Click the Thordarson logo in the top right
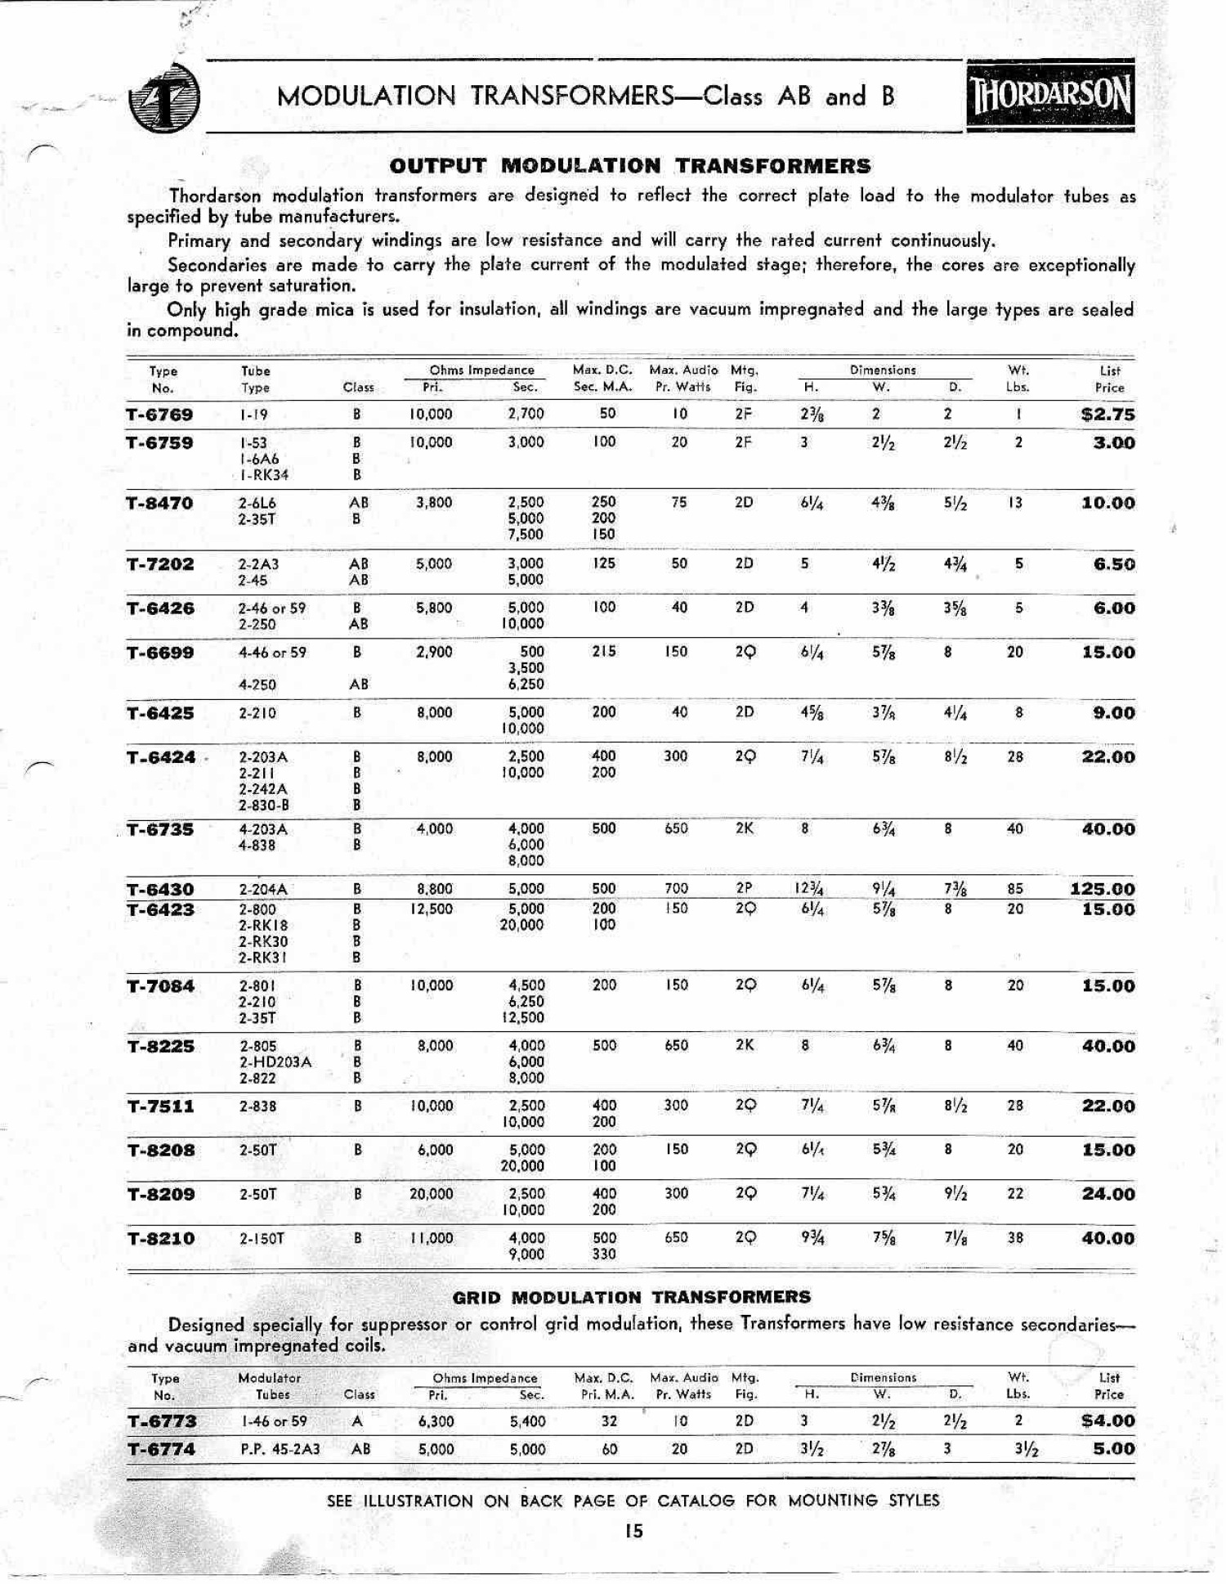click(x=1050, y=96)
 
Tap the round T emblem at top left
click(x=163, y=98)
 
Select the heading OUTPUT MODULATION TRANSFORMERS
click(x=629, y=166)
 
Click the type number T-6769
click(x=159, y=415)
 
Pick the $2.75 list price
click(x=1107, y=415)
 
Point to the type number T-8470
click(x=159, y=503)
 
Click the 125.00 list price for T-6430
click(x=1103, y=889)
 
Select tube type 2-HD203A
click(x=275, y=1062)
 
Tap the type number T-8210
click(x=161, y=1239)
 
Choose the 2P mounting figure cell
click(x=744, y=889)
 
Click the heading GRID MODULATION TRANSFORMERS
click(x=631, y=1297)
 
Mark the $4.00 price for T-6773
click(x=1107, y=1421)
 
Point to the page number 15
click(x=633, y=1532)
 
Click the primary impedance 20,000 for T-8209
click(x=431, y=1194)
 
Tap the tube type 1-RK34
click(x=264, y=475)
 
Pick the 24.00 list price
click(x=1108, y=1194)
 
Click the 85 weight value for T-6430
click(x=1015, y=889)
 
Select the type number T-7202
click(x=159, y=564)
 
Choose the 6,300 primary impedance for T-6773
click(x=436, y=1421)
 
